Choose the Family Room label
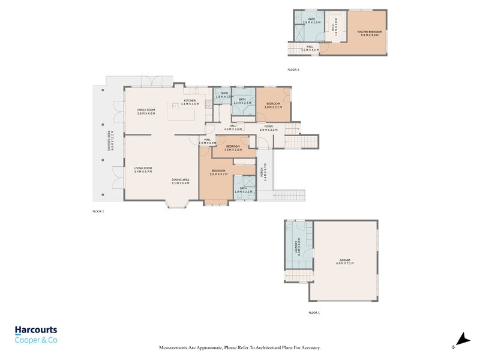tap(146, 110)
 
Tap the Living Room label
tap(143, 168)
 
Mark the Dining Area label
tap(180, 180)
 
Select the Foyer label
tap(268, 126)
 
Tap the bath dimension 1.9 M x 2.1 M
tap(243, 191)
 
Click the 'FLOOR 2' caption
tap(98, 211)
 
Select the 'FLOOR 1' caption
tap(314, 313)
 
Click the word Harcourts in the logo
tap(36, 330)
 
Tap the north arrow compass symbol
tap(460, 340)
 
